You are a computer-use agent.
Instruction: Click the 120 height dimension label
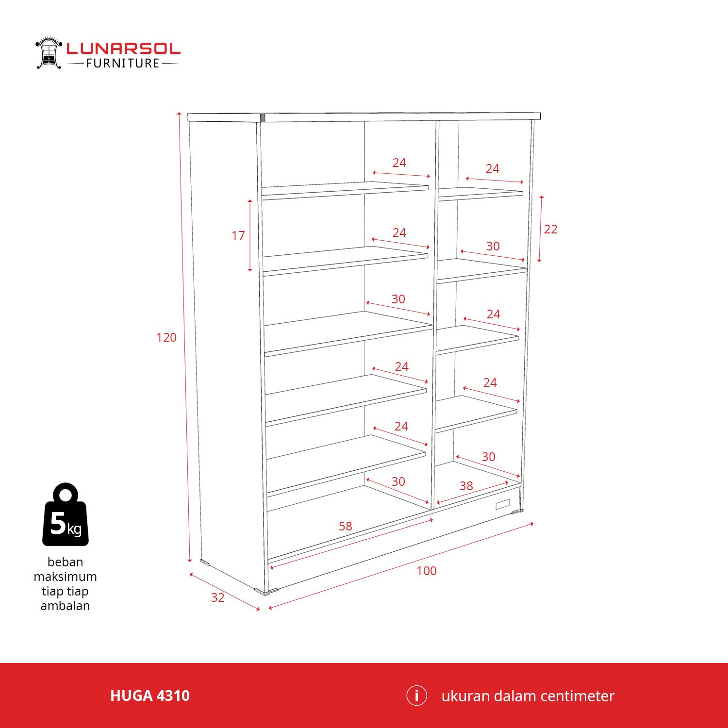[x=166, y=337]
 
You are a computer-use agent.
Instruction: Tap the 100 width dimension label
[x=427, y=571]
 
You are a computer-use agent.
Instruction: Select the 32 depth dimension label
[x=218, y=597]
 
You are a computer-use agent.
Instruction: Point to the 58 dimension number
[x=346, y=526]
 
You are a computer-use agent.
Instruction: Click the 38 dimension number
[x=466, y=486]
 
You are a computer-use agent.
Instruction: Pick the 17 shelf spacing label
[x=238, y=235]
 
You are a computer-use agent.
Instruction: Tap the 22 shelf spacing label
[x=551, y=229]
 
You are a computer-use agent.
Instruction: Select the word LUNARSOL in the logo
[x=123, y=49]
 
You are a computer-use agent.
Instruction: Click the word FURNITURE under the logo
[x=123, y=64]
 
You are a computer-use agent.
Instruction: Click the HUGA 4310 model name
[x=150, y=696]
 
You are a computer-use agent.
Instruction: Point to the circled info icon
[x=416, y=695]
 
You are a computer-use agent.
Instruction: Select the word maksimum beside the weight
[x=66, y=577]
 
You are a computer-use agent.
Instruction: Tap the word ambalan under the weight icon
[x=66, y=606]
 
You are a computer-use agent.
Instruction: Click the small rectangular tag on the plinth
[x=503, y=505]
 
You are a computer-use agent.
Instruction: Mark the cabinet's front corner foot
[x=266, y=591]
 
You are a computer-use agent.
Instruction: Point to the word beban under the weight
[x=66, y=562]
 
